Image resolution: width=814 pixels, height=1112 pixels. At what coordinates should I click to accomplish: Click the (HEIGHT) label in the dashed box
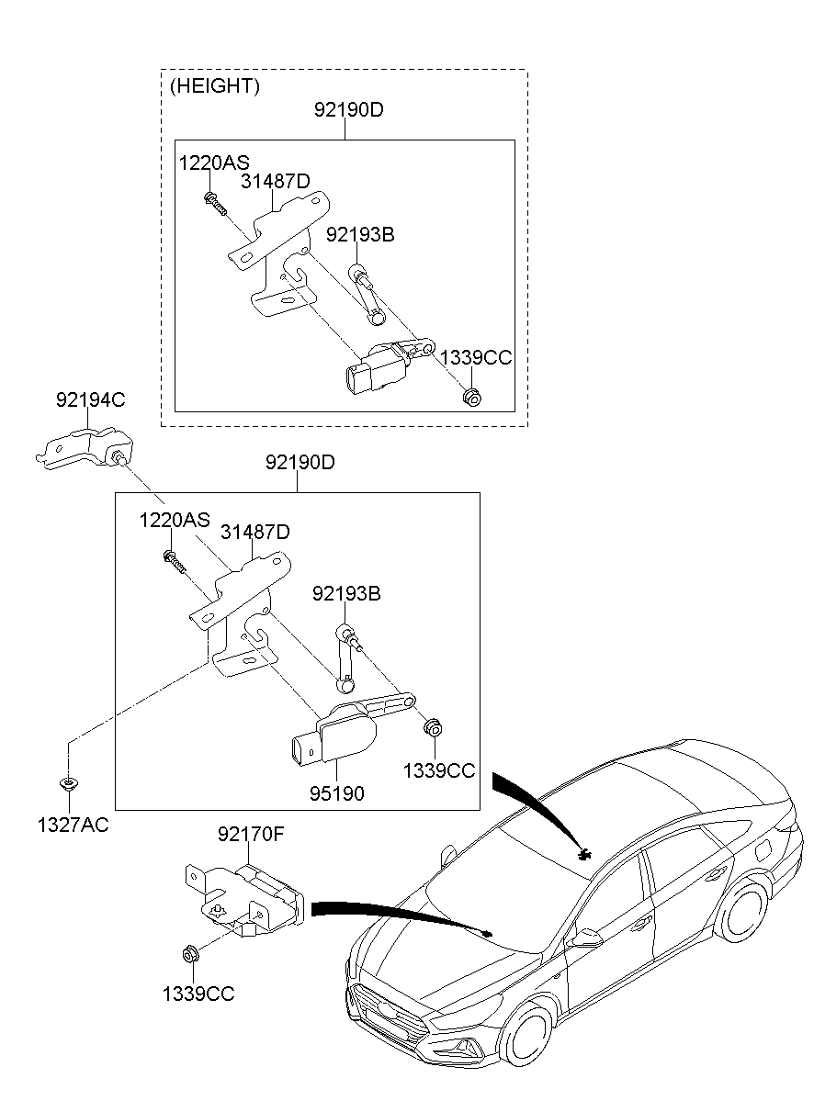215,86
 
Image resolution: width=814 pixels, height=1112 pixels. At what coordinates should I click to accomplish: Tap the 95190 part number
337,793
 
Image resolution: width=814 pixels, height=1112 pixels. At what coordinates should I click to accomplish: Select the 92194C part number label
90,399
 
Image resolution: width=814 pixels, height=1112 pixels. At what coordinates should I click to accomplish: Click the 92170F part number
250,835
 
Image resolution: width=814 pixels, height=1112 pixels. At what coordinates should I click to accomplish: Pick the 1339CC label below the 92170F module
198,994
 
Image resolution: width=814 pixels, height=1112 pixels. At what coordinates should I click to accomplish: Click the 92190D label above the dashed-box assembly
348,109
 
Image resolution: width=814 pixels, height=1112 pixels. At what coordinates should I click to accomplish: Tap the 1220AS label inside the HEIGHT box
214,163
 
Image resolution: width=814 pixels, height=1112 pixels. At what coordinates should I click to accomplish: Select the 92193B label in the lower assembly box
346,593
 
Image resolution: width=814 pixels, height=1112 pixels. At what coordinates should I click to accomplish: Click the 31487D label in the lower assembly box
254,532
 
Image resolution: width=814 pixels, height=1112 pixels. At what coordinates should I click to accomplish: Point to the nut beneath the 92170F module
189,952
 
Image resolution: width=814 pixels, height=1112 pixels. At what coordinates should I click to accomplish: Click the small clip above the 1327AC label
68,783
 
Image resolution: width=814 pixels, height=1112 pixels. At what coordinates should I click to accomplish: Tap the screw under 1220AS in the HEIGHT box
215,204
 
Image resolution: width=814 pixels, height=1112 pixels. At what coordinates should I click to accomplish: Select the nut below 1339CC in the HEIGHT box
472,397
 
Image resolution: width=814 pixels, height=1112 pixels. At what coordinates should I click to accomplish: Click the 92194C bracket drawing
85,448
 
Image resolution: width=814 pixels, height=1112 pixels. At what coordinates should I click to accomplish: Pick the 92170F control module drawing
245,900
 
